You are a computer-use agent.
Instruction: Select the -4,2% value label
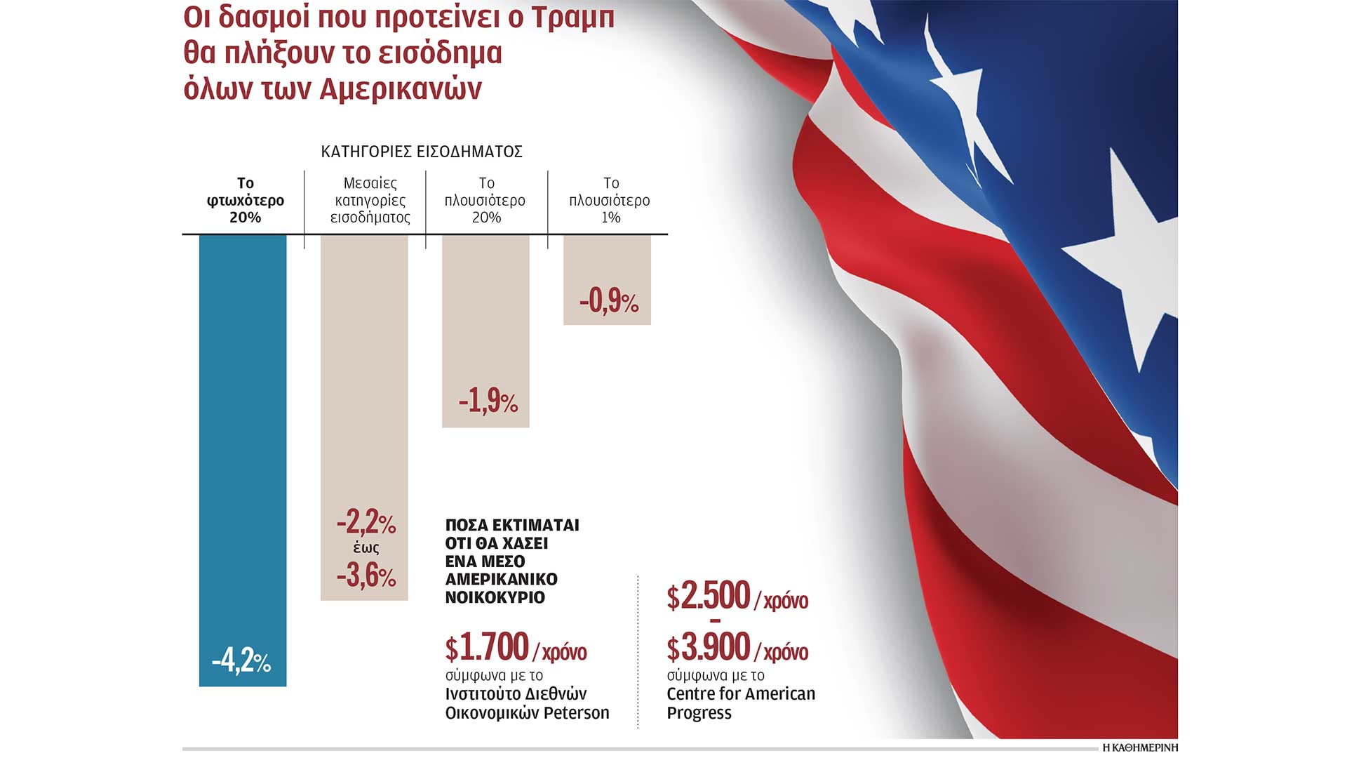[241, 661]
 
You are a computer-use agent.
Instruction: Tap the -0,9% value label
[608, 301]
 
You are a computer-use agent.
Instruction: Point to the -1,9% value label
[488, 401]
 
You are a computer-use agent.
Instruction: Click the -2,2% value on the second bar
[366, 522]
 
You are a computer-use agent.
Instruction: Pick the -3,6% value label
[366, 576]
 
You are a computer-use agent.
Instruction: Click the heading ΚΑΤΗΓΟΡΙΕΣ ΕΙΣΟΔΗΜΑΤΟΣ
[422, 152]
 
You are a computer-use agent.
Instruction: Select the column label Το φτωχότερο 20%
[245, 200]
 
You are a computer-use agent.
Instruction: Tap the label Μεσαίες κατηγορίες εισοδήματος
[370, 200]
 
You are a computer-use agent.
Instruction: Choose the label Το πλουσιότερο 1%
[610, 200]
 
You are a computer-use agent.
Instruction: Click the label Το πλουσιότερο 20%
[485, 200]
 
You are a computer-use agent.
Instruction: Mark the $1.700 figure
[488, 647]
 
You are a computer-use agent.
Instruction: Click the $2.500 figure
[709, 597]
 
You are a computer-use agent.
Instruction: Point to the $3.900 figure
[709, 648]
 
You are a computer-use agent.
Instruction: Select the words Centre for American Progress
[740, 703]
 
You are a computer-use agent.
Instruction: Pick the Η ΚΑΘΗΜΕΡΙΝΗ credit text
[1139, 748]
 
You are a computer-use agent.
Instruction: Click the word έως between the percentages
[366, 549]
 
